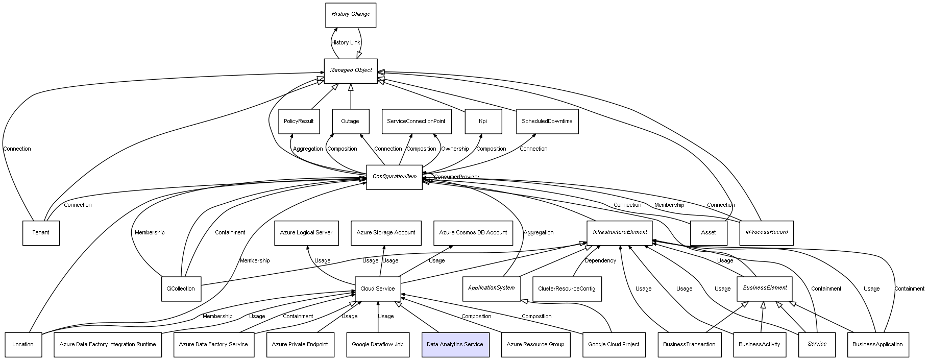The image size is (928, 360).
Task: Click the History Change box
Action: [351, 15]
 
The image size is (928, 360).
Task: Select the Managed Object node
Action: [351, 71]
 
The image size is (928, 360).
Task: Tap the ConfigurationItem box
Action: [394, 177]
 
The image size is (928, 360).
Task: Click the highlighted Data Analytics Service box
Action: [455, 345]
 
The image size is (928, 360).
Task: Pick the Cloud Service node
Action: [378, 289]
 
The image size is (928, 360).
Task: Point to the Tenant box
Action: [41, 233]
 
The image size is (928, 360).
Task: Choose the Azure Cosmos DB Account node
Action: [473, 233]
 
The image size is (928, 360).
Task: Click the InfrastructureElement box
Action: [620, 233]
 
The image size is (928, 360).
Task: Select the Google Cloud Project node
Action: [614, 345]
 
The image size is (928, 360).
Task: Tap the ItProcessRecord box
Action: [766, 233]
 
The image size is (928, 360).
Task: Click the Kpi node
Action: [483, 122]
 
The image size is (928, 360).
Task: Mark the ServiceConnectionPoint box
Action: [416, 122]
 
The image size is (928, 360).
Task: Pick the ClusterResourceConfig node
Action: [567, 289]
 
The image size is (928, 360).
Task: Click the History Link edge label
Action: [346, 43]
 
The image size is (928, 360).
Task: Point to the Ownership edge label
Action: [455, 149]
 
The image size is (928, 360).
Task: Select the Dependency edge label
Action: [600, 261]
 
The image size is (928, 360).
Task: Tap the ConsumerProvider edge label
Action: [456, 177]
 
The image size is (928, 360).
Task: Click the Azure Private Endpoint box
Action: [300, 345]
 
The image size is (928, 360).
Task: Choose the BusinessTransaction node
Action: [689, 345]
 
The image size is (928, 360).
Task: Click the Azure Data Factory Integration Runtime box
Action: [108, 345]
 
